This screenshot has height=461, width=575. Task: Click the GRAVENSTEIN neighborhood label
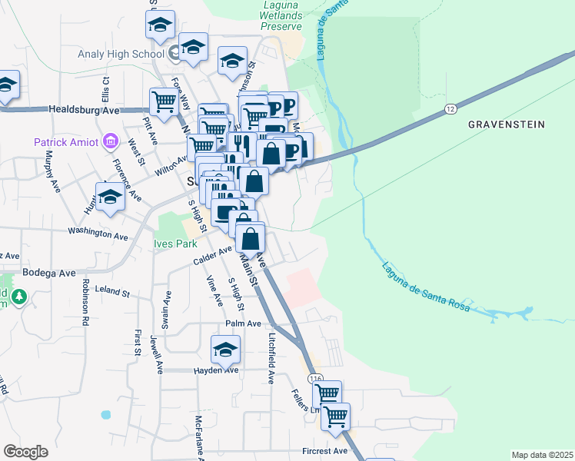pyautogui.click(x=507, y=124)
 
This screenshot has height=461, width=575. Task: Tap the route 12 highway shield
pyautogui.click(x=450, y=111)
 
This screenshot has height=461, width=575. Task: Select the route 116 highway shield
pyautogui.click(x=314, y=379)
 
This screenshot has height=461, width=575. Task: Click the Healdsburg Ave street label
pyautogui.click(x=85, y=111)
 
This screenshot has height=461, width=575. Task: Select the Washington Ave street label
pyautogui.click(x=96, y=230)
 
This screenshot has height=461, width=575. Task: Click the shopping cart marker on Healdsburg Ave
pyautogui.click(x=164, y=100)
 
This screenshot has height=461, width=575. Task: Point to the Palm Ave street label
pyautogui.click(x=244, y=323)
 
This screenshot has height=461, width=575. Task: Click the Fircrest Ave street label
pyautogui.click(x=325, y=450)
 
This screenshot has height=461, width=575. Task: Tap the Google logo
pyautogui.click(x=25, y=451)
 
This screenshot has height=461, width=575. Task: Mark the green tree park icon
pyautogui.click(x=18, y=295)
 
